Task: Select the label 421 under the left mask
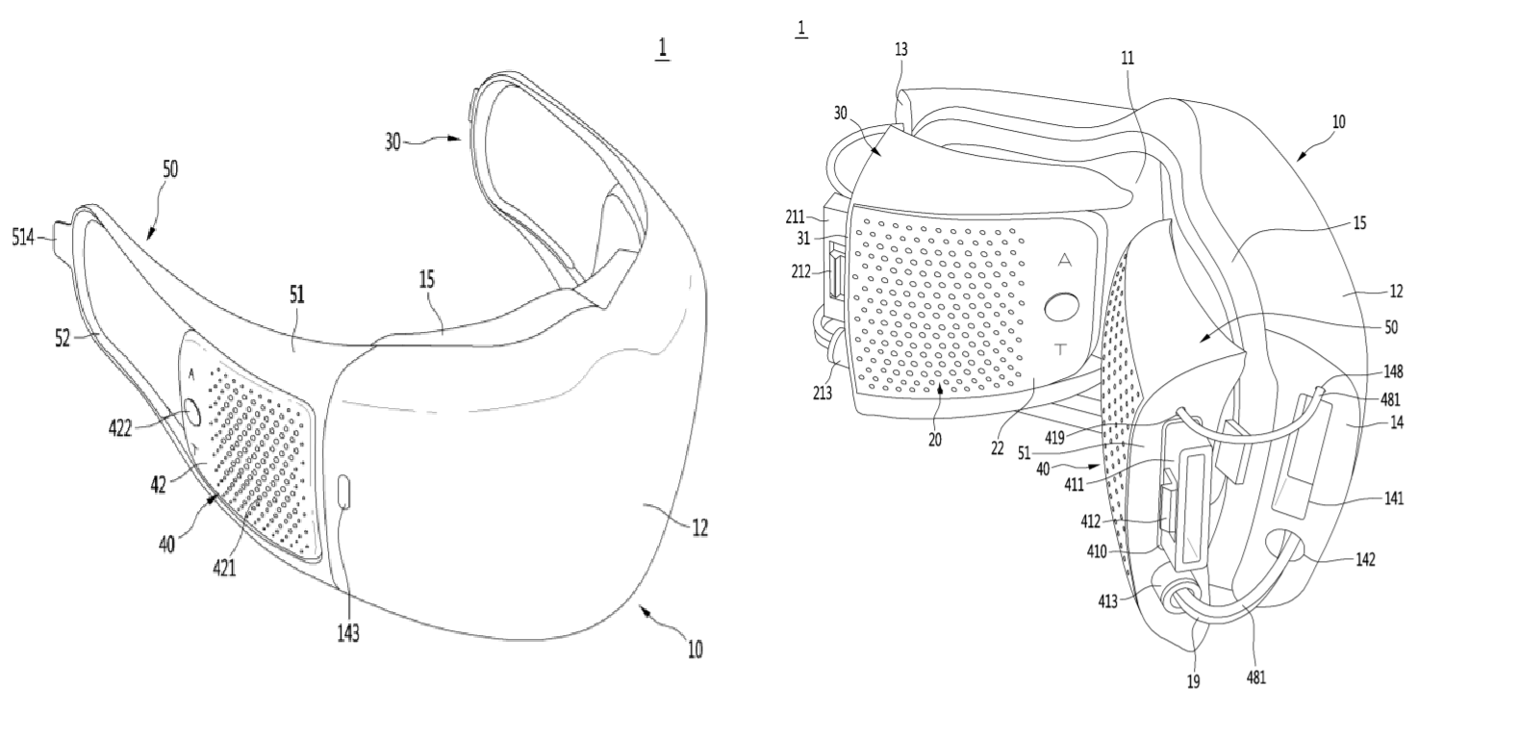click(223, 568)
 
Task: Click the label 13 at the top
click(900, 48)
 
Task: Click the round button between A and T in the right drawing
click(1062, 308)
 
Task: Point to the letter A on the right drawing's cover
click(1064, 260)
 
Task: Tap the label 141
click(1393, 497)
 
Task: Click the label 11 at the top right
click(1127, 58)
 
